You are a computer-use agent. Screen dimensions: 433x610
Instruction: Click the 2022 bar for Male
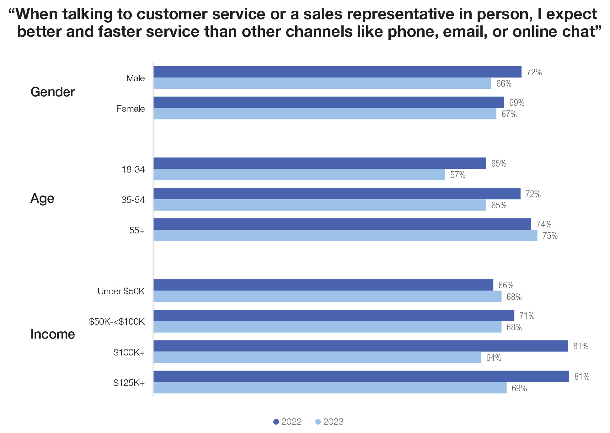337,72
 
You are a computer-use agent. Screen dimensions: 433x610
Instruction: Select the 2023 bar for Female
325,114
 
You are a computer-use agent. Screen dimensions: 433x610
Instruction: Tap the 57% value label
457,175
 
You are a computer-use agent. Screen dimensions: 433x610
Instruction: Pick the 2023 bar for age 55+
345,235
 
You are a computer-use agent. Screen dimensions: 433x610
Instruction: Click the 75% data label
550,236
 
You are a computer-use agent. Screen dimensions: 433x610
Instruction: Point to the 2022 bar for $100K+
361,346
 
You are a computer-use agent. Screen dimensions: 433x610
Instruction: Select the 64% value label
494,358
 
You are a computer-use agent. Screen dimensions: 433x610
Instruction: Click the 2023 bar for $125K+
329,388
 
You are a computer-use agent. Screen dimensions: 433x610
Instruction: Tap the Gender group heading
52,92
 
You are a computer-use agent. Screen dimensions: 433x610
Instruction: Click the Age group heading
42,198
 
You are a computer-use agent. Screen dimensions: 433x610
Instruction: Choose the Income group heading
52,334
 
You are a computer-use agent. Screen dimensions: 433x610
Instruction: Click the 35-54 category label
133,200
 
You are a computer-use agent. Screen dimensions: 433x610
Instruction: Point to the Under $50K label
121,291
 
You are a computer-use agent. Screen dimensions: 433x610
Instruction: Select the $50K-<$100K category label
117,322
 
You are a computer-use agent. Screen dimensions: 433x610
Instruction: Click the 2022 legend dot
276,422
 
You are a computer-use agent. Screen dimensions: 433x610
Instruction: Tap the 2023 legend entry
329,422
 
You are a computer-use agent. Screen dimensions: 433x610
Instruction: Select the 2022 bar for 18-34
319,163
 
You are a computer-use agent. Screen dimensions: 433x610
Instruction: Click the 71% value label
527,316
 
